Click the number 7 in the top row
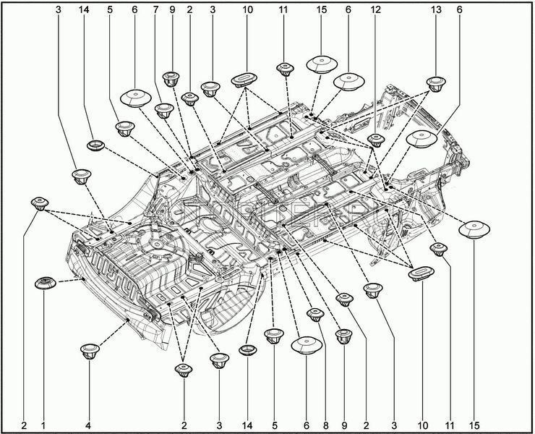pyautogui.click(x=154, y=11)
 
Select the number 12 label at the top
pyautogui.click(x=374, y=11)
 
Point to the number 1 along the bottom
pyautogui.click(x=43, y=425)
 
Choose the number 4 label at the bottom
pyautogui.click(x=89, y=425)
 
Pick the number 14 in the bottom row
pyautogui.click(x=248, y=425)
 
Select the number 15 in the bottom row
pyautogui.click(x=475, y=425)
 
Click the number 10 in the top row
pyautogui.click(x=248, y=11)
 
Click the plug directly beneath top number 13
pyautogui.click(x=435, y=84)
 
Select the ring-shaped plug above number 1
pyautogui.click(x=46, y=282)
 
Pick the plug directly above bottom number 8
pyautogui.click(x=316, y=315)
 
